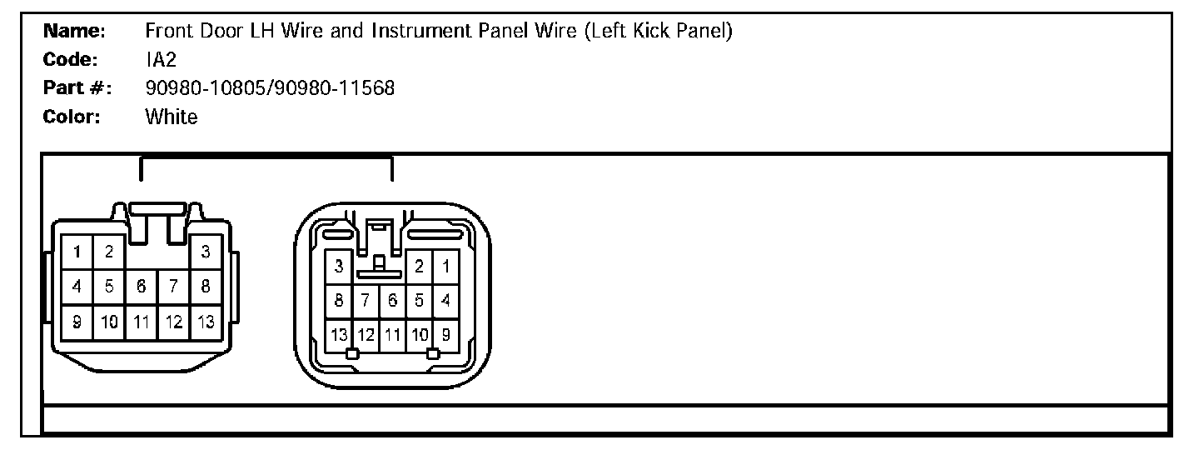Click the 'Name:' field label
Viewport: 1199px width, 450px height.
[x=74, y=32]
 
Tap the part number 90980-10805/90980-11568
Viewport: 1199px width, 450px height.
[x=270, y=88]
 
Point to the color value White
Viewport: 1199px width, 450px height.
[x=172, y=117]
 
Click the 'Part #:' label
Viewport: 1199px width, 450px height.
[x=77, y=88]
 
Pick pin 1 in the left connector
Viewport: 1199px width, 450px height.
[x=77, y=252]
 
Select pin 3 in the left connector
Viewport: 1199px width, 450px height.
[x=206, y=252]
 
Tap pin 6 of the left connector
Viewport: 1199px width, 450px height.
[x=142, y=287]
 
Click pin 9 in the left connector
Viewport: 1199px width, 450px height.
[x=77, y=322]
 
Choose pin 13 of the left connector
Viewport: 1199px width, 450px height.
[x=206, y=322]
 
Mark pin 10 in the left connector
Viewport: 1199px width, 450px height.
[x=109, y=322]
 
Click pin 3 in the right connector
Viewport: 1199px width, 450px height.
[x=339, y=267]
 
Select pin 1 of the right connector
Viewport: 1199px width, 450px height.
[x=446, y=267]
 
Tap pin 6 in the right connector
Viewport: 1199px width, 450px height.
[x=393, y=300]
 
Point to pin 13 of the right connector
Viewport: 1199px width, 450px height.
[x=339, y=335]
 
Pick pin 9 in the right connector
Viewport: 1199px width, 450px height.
[x=446, y=335]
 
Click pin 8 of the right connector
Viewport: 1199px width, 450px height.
[x=339, y=300]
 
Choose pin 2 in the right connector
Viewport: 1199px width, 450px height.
[x=420, y=267]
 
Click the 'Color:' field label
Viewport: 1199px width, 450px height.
[x=72, y=117]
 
